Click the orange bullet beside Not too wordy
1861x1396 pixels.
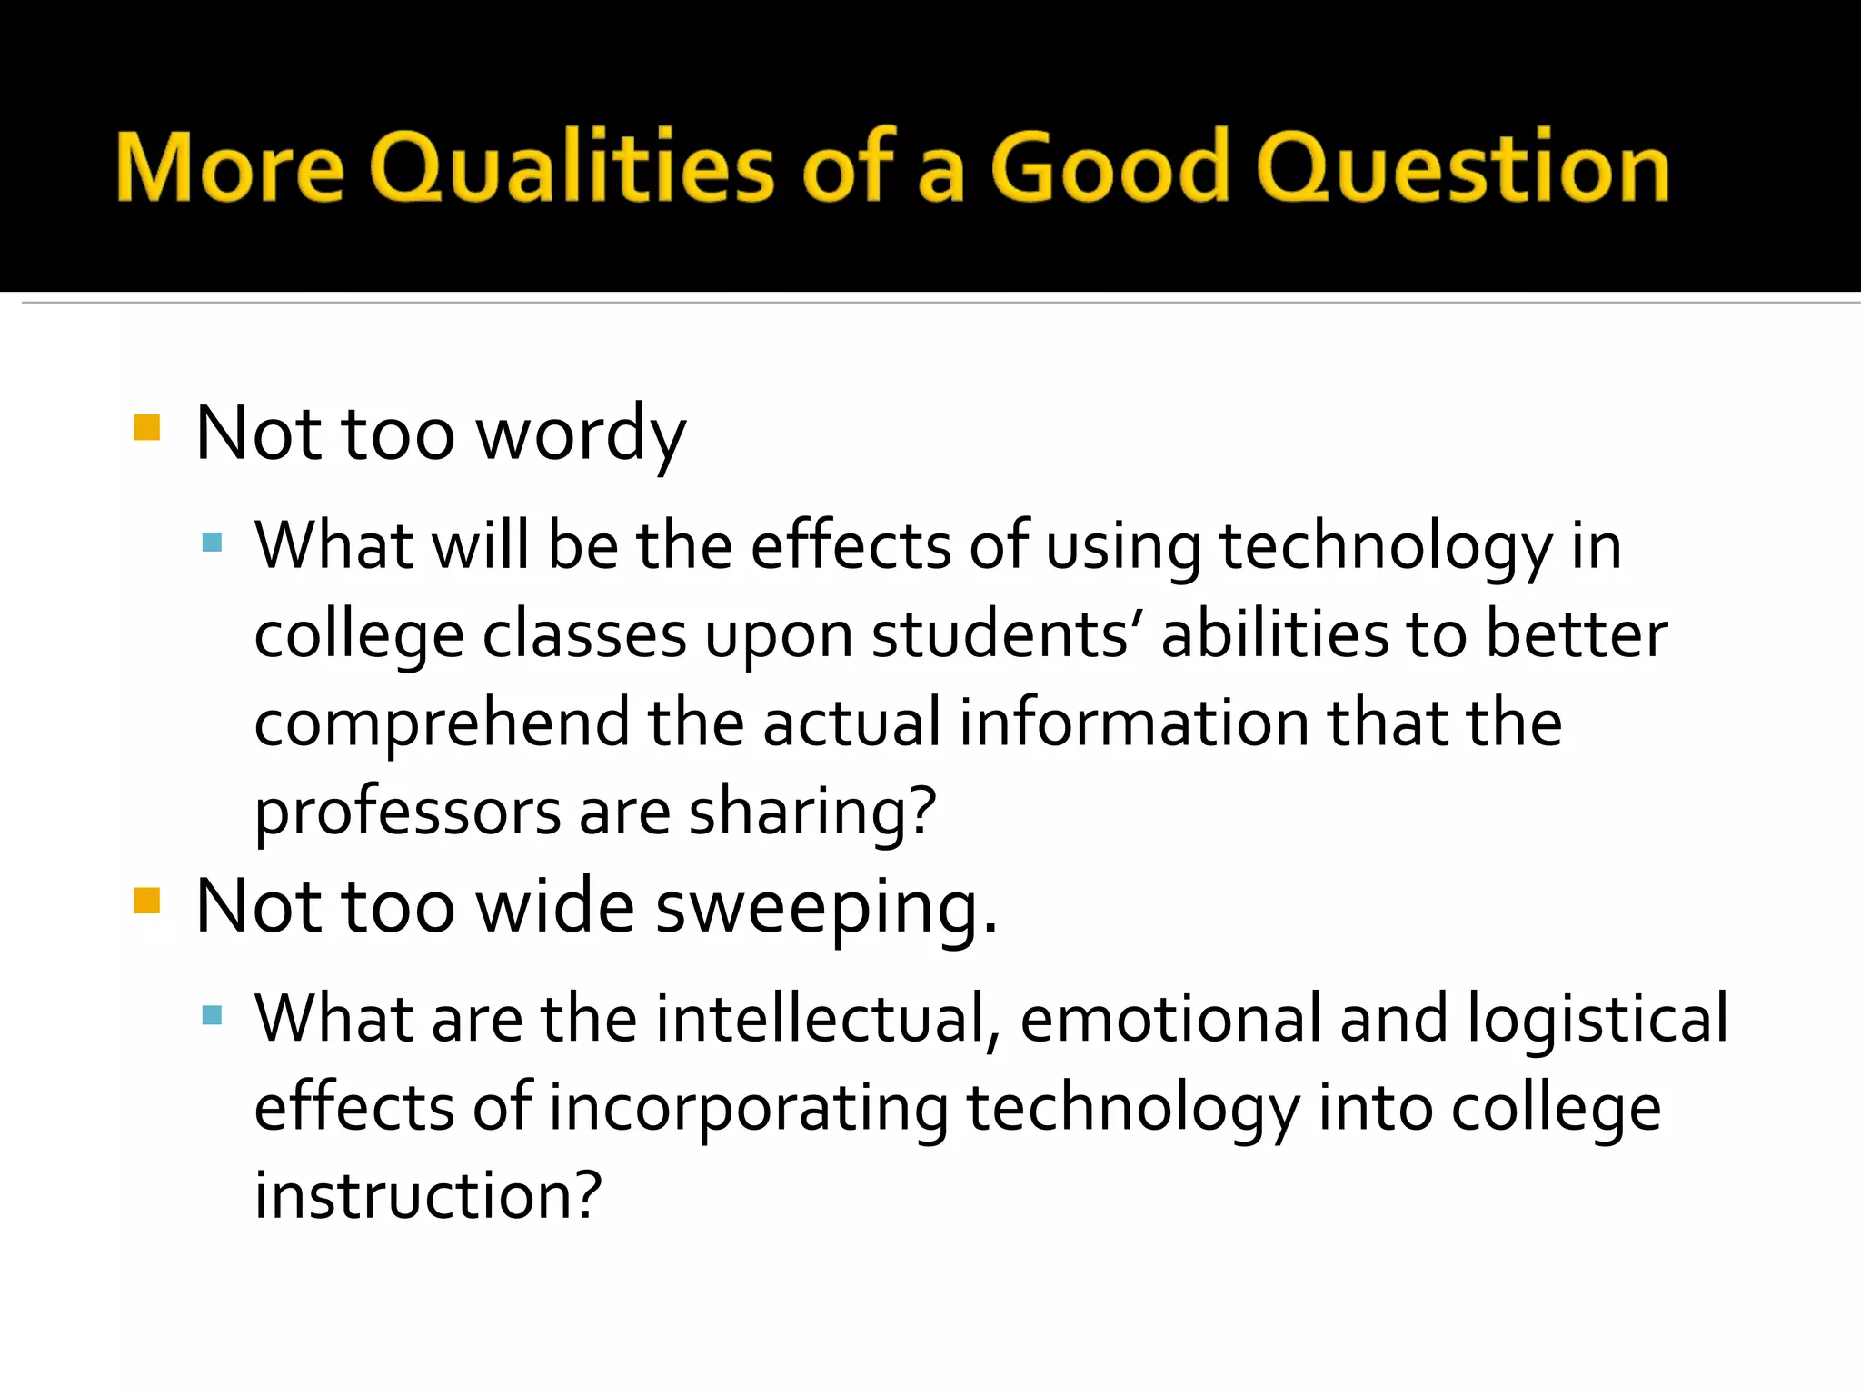pyautogui.click(x=146, y=427)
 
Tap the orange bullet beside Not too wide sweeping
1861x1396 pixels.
pyautogui.click(x=146, y=901)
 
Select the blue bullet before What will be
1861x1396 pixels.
pyautogui.click(x=213, y=543)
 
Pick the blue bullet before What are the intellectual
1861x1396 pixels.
pyautogui.click(x=213, y=1015)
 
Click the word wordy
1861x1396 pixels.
pyautogui.click(x=581, y=434)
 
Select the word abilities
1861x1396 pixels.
pyautogui.click(x=1275, y=634)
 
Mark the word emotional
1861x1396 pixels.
pyautogui.click(x=1170, y=1019)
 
